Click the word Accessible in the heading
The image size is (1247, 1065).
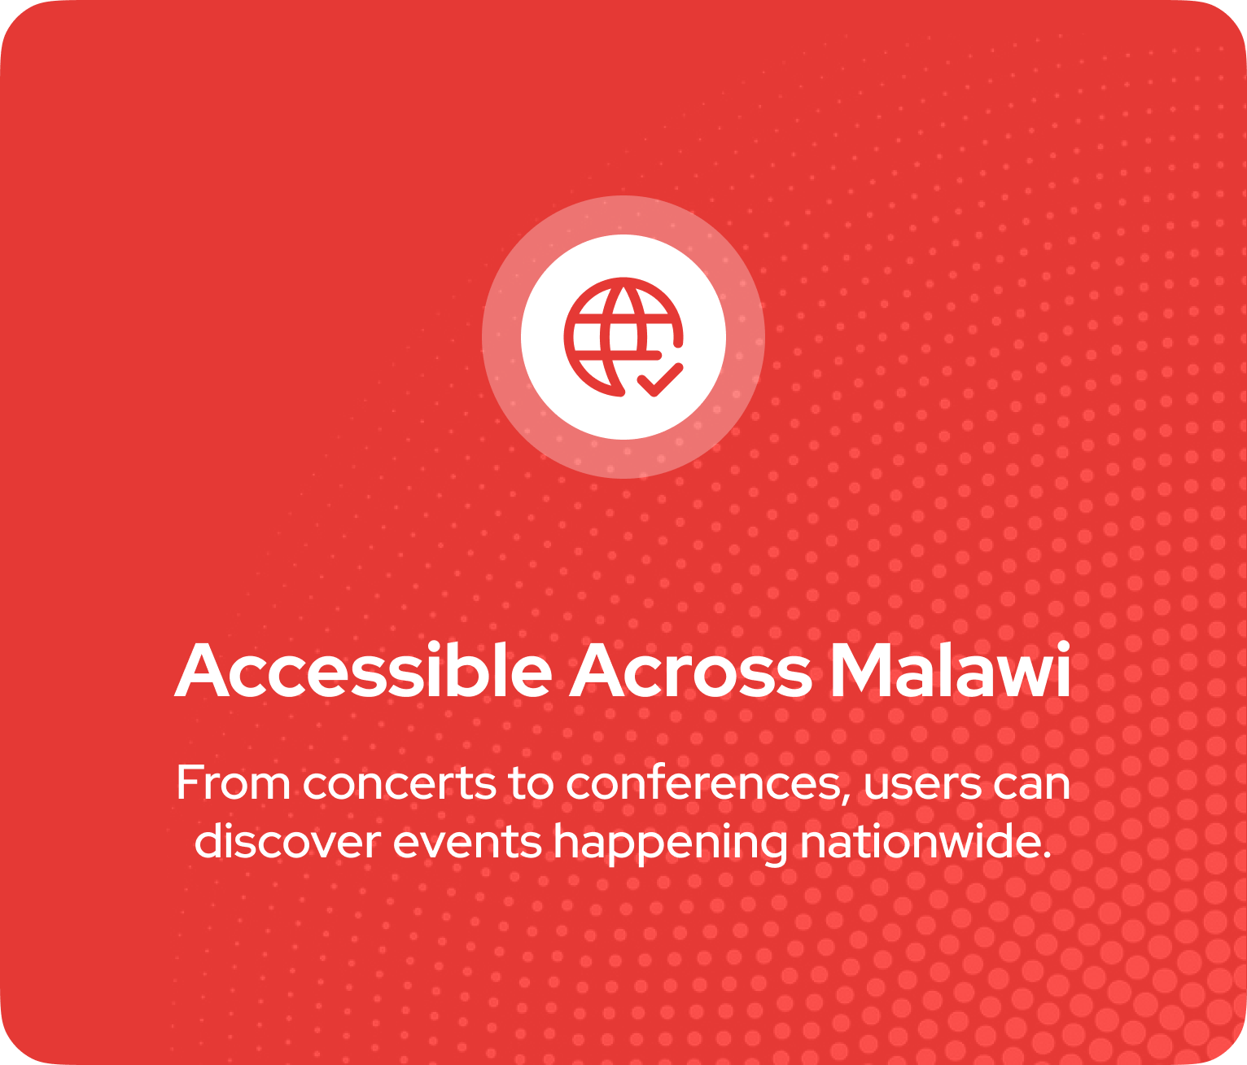pos(363,670)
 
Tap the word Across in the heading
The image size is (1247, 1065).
pos(691,670)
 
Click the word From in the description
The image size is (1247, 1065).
pos(233,783)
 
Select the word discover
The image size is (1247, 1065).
pos(288,841)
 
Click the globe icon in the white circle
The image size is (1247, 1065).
pos(623,337)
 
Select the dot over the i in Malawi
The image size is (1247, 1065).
pos(1063,646)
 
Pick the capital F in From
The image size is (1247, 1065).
pos(188,783)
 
